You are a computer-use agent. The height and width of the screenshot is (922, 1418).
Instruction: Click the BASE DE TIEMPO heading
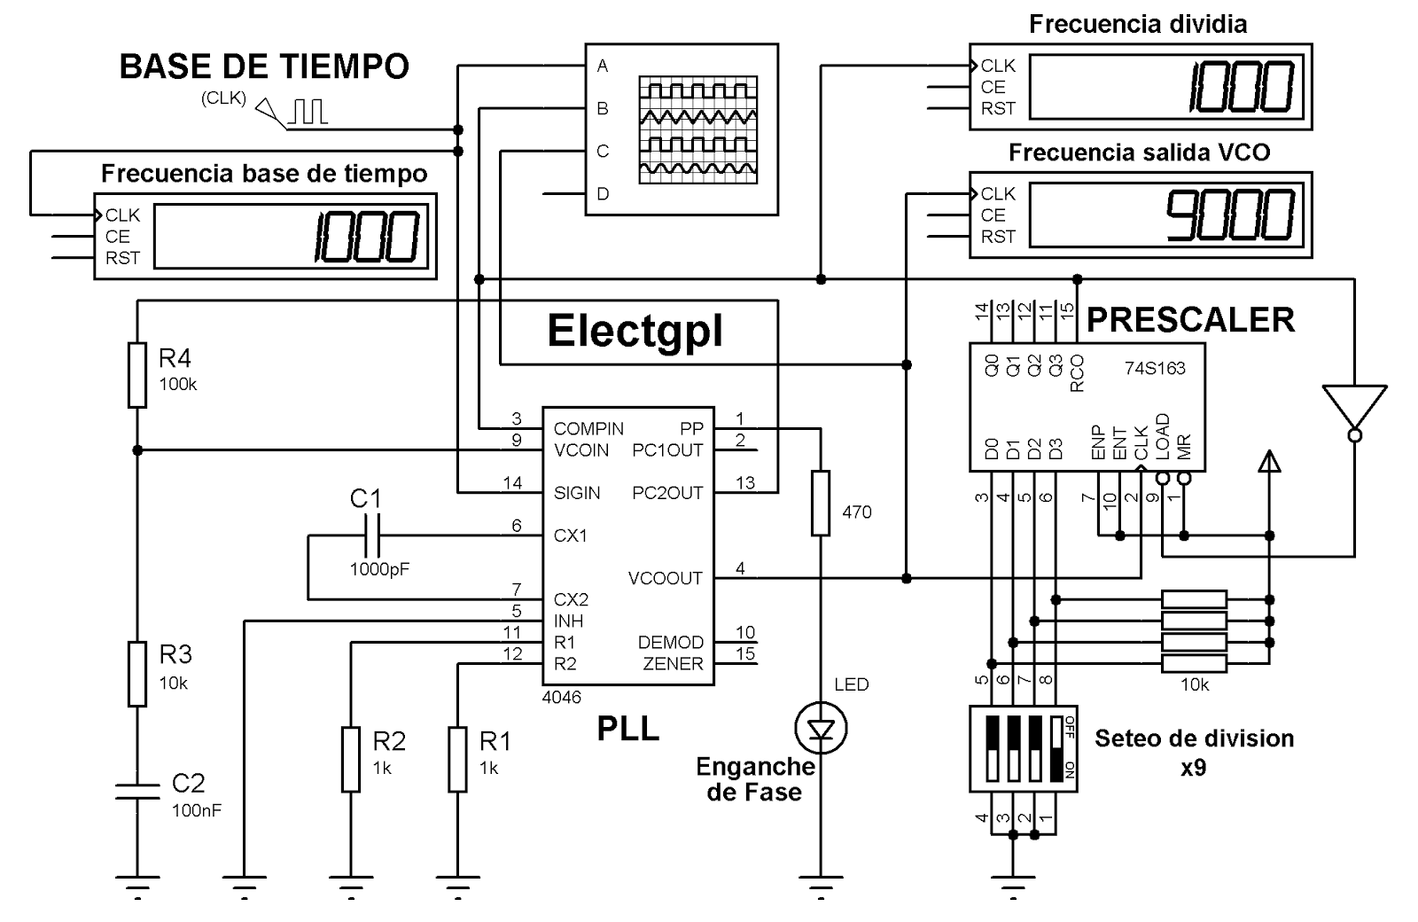264,66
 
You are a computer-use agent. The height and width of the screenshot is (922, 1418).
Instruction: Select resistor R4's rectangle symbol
137,375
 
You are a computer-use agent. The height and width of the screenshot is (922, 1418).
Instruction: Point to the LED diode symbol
822,729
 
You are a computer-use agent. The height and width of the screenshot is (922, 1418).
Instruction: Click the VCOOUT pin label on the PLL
665,578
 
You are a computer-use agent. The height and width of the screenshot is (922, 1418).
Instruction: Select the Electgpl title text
635,331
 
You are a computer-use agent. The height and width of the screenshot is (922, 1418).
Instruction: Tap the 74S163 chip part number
1155,368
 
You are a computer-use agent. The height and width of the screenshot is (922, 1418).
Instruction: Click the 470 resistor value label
856,512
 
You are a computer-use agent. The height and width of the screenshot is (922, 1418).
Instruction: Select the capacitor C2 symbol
137,791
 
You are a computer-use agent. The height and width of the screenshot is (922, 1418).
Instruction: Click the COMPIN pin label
588,428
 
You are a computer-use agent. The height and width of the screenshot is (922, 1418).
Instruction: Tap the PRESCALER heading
1190,320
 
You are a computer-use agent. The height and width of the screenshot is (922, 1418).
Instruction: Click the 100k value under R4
178,385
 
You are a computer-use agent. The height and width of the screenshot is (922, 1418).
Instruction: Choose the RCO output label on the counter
1078,373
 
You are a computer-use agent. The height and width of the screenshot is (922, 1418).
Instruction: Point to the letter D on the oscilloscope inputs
604,194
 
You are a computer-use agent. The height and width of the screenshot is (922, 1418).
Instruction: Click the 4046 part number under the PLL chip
561,697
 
